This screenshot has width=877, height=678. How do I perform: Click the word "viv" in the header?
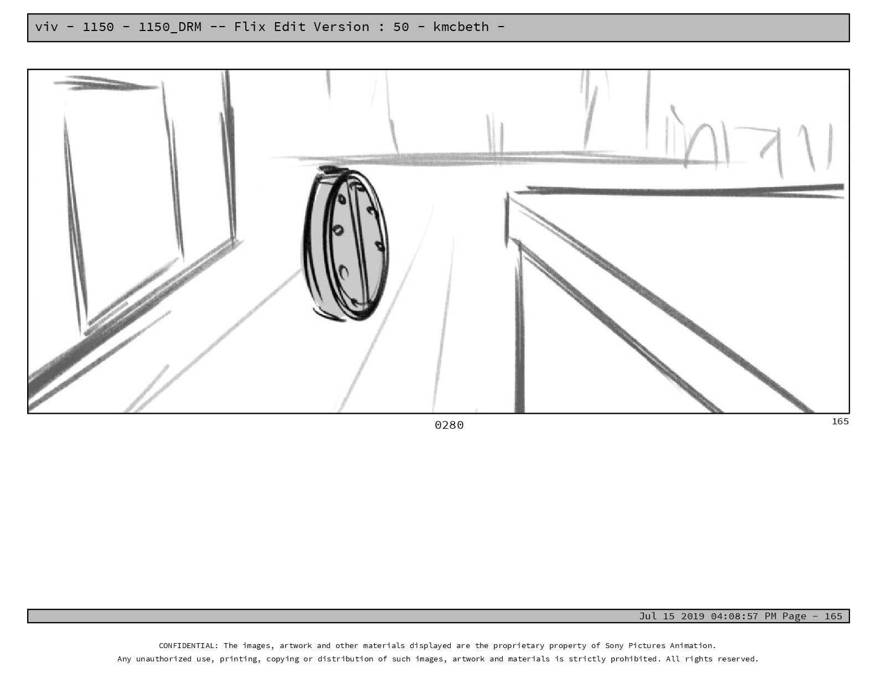[x=47, y=27]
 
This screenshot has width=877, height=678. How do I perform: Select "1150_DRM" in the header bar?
[x=170, y=27]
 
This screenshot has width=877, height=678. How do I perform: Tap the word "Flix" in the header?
[x=250, y=27]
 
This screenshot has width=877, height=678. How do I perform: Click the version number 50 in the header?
[x=401, y=27]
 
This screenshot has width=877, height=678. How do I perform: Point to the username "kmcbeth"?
[x=461, y=27]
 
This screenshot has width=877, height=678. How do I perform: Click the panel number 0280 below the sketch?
[x=449, y=425]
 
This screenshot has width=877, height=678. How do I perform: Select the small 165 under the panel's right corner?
[x=840, y=421]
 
